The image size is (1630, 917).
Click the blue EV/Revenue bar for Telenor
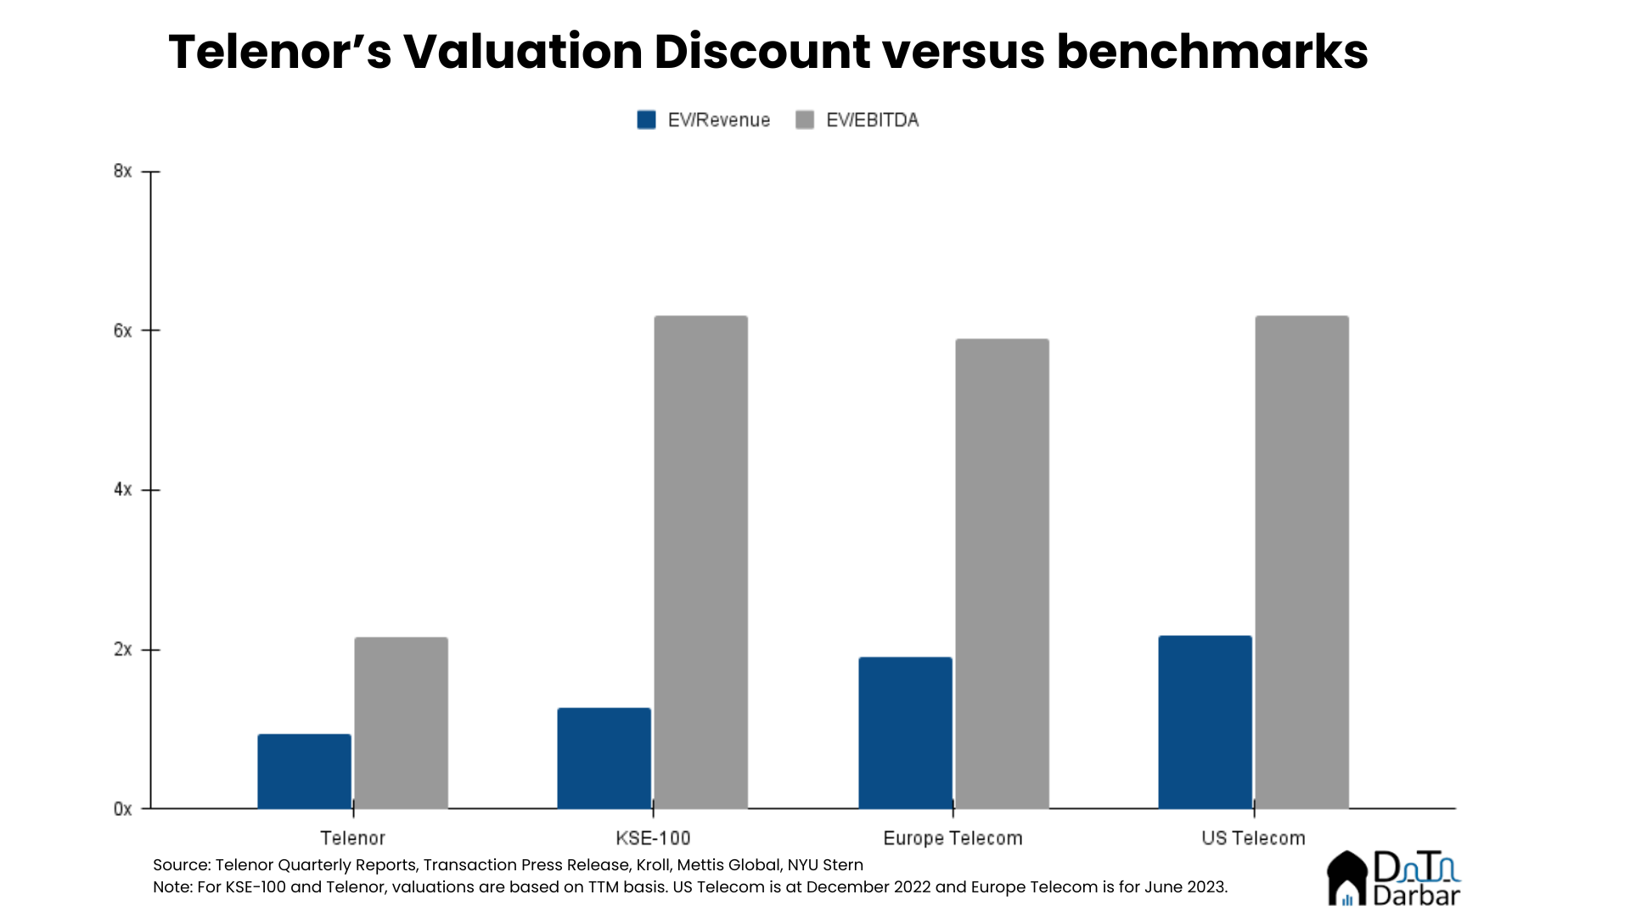(x=304, y=771)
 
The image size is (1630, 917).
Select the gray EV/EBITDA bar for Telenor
(x=401, y=723)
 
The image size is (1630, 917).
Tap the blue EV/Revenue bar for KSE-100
(x=604, y=758)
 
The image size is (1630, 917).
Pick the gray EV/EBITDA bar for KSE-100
(x=700, y=562)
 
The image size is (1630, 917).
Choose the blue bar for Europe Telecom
(x=905, y=733)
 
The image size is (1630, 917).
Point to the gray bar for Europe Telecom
(x=1002, y=574)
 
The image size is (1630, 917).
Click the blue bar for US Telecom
(x=1205, y=722)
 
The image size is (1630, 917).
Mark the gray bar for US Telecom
(x=1301, y=562)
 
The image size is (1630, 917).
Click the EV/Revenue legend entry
(x=704, y=120)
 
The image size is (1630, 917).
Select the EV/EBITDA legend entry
(x=857, y=120)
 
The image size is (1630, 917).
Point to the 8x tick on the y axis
(x=123, y=172)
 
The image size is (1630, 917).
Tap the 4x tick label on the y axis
(x=123, y=490)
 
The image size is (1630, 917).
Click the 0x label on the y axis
(x=123, y=809)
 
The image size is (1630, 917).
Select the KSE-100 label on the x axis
(x=653, y=838)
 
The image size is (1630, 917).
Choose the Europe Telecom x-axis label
(x=953, y=838)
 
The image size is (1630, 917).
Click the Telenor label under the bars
(x=352, y=838)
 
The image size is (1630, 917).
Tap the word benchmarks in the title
(x=1211, y=51)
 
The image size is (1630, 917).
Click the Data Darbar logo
(x=1393, y=879)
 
